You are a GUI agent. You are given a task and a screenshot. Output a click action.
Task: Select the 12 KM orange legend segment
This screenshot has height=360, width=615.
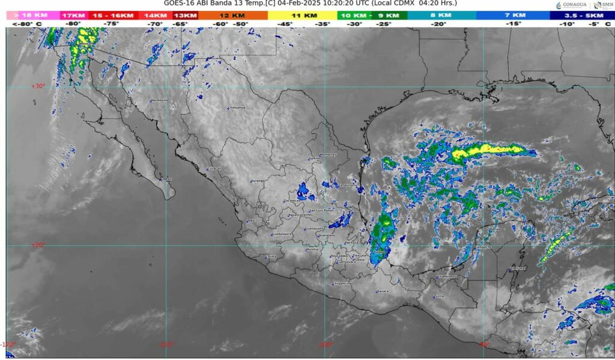(231, 15)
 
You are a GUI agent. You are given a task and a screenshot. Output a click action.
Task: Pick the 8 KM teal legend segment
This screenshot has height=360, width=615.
(441, 15)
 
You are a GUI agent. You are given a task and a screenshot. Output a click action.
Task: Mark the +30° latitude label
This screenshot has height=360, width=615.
(37, 86)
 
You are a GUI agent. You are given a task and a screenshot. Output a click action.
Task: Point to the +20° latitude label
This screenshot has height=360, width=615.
(37, 245)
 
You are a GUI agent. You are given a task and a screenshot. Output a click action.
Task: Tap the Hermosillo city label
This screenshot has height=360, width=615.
(159, 100)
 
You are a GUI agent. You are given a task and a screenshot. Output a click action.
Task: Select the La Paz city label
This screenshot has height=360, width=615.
(166, 178)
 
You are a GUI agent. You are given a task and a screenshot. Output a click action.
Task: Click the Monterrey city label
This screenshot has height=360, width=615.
(328, 154)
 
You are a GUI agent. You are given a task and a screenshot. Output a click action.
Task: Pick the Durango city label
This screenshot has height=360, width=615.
(258, 181)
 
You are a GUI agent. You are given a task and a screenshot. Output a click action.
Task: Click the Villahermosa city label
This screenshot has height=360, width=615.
(446, 276)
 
